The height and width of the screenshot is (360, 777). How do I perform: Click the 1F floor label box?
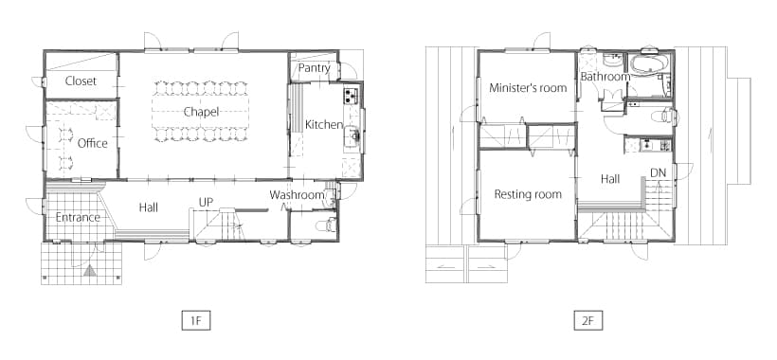point(196,320)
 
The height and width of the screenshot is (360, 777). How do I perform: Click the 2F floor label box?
point(588,320)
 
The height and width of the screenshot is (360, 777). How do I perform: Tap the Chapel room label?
point(201,112)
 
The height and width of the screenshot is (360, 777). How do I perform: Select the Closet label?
point(81,81)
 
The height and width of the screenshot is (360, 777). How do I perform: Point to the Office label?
point(93,143)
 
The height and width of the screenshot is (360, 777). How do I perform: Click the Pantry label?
point(315,68)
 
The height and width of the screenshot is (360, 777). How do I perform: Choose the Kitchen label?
point(324,125)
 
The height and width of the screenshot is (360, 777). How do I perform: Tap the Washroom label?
point(298,195)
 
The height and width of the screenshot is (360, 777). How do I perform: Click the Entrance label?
point(78,217)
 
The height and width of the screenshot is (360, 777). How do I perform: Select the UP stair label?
point(207,203)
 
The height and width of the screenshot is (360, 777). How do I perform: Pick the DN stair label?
point(658,172)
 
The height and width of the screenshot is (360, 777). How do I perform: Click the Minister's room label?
point(528,88)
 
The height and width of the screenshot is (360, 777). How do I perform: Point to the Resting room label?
point(528,194)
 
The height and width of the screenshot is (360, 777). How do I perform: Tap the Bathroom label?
point(605,77)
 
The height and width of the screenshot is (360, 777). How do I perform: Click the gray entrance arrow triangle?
point(89,271)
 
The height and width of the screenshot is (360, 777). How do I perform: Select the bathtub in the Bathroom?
point(649,63)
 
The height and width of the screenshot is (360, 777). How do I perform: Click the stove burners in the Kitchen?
point(351,94)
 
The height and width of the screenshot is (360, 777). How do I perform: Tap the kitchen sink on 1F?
point(352,135)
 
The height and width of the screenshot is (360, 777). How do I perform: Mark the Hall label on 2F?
point(610,179)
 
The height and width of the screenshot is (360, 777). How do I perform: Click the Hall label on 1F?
point(148,207)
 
